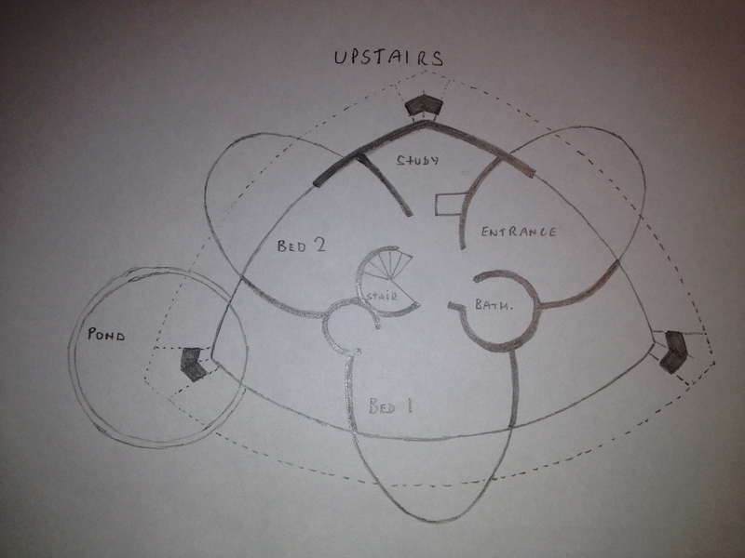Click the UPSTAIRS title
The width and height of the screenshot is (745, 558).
click(x=388, y=57)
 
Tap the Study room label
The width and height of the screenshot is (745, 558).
click(x=417, y=159)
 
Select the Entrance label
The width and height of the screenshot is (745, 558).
click(x=519, y=232)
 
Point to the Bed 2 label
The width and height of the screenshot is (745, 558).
click(x=301, y=246)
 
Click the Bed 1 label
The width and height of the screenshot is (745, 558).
click(x=390, y=406)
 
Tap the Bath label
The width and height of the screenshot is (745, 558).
click(x=494, y=304)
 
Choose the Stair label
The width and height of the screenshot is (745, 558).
click(x=382, y=296)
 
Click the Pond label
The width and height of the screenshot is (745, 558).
click(x=106, y=334)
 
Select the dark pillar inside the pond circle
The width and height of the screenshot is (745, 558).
click(x=194, y=364)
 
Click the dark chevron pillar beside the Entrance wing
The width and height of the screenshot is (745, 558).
click(x=673, y=352)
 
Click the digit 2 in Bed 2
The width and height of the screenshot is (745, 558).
click(x=319, y=245)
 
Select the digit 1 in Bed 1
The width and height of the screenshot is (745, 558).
click(x=409, y=406)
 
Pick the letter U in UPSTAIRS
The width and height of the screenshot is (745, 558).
click(x=340, y=57)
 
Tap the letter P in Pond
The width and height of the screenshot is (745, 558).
click(x=92, y=334)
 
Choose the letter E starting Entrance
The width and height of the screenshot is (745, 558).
click(x=485, y=232)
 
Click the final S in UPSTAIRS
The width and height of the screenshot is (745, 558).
click(x=437, y=59)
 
